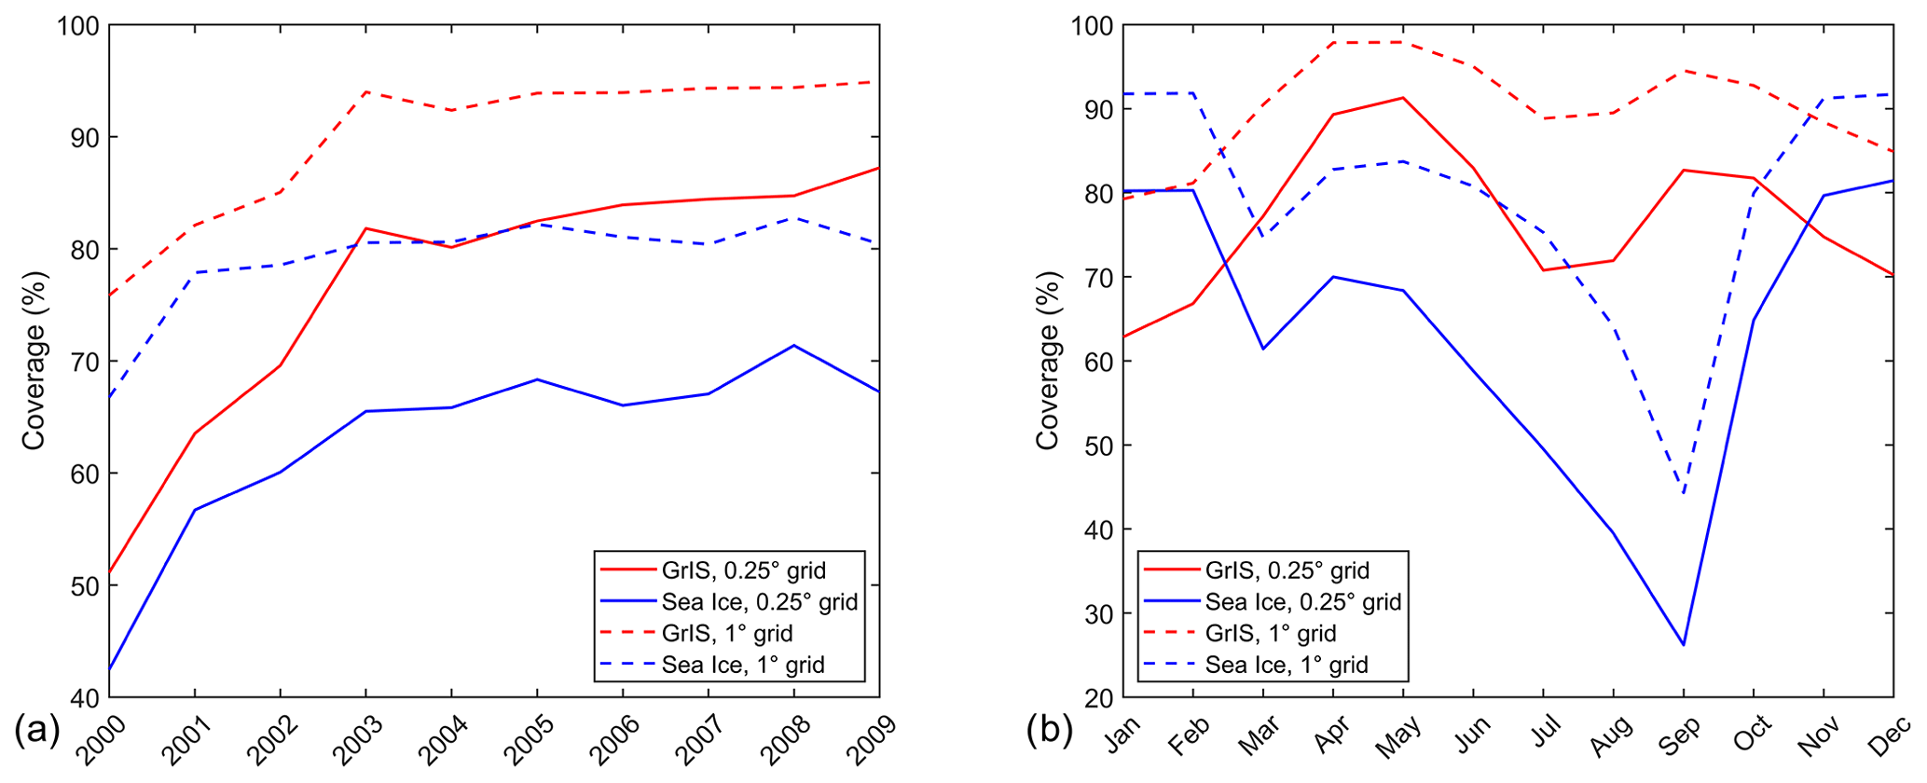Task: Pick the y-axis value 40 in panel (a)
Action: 84,698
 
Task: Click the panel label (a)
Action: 37,730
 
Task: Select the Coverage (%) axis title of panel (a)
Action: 34,361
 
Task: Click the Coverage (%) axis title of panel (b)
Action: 1048,361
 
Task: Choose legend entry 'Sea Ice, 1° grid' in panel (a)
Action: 743,665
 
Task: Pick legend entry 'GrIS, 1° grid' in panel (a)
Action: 727,633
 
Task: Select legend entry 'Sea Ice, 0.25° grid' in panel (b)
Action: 1302,601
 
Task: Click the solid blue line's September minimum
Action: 1683,645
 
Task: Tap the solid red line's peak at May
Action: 1403,97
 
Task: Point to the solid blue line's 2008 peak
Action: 793,346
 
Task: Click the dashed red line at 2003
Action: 365,92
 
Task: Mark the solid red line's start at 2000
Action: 110,572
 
